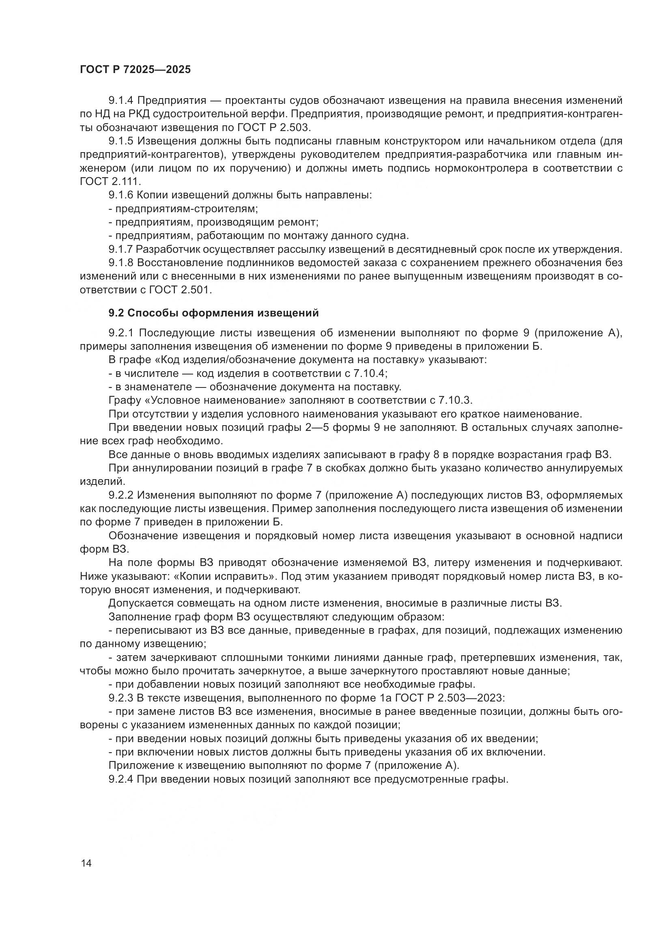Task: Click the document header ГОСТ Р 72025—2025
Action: tap(135, 69)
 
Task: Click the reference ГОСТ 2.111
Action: tap(110, 181)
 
